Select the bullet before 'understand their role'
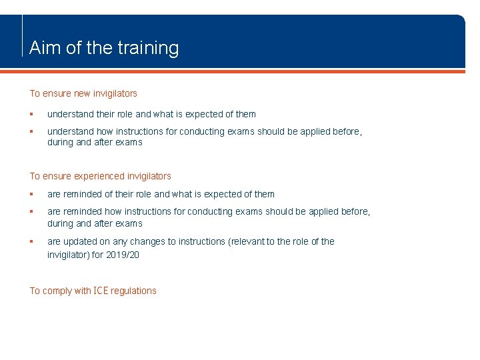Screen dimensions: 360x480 32,114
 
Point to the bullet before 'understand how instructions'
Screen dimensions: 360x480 32,131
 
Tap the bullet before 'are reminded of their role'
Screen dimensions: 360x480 32,194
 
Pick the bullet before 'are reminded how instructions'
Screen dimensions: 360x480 32,211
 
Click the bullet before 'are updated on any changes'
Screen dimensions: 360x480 32,241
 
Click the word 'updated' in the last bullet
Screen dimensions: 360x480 79,241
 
